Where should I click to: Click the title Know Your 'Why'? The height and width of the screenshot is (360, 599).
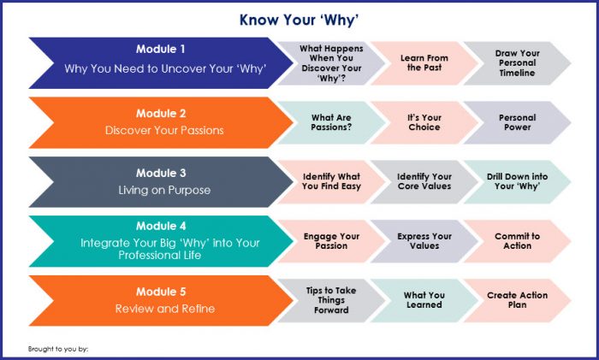[x=299, y=21]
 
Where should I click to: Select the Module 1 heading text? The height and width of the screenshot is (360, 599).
[x=161, y=50]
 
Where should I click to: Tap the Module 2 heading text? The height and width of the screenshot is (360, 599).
[x=161, y=114]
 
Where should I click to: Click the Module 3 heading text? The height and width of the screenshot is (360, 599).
[x=161, y=173]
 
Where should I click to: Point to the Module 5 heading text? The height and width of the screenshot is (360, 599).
[x=161, y=292]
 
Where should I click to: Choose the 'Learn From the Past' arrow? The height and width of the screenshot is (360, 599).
[x=424, y=63]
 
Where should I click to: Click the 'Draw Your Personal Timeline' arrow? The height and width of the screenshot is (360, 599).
[x=517, y=63]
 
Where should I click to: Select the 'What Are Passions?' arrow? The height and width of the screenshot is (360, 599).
[x=331, y=122]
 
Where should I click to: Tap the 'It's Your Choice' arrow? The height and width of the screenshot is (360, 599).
[x=424, y=122]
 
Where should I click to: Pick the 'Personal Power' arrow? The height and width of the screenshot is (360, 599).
[x=517, y=122]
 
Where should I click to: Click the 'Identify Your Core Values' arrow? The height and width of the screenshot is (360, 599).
[x=424, y=182]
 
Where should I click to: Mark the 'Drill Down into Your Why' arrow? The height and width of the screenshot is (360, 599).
[x=517, y=182]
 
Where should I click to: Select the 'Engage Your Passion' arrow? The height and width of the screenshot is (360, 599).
[x=331, y=241]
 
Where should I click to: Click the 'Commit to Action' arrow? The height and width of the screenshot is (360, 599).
[x=517, y=241]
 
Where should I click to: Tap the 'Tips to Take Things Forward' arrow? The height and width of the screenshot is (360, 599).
[x=331, y=300]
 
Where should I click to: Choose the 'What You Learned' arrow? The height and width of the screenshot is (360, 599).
[x=424, y=300]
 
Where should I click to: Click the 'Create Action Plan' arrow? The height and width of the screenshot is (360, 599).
[x=517, y=300]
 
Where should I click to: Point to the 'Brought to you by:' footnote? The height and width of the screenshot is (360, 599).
[x=58, y=349]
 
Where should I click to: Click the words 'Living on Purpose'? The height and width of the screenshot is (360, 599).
[x=164, y=190]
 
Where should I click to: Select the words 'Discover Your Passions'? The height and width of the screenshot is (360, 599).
[x=164, y=131]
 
